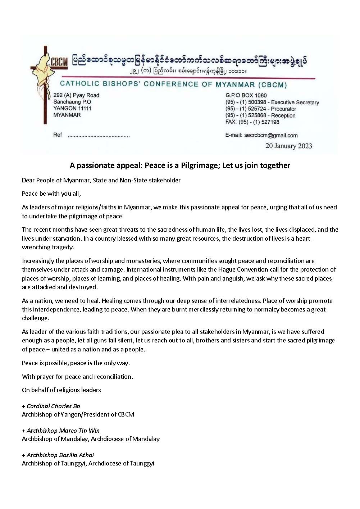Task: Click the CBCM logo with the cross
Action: tap(49, 77)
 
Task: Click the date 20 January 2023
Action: tap(288, 146)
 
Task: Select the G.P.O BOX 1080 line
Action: tap(246, 95)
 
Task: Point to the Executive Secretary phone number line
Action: tap(272, 102)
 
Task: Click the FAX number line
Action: tap(252, 122)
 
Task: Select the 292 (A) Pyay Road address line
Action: tap(76, 95)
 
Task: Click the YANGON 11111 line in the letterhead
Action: tap(72, 108)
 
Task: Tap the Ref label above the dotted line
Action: tap(58, 135)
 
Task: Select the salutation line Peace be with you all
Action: tap(51, 194)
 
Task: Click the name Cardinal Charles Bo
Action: tap(53, 406)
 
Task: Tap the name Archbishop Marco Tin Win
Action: tap(63, 431)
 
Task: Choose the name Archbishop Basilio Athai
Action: tap(60, 455)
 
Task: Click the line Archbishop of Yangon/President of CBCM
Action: tap(78, 414)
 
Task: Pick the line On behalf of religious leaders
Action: tap(61, 390)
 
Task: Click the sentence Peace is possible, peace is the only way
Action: tap(76, 363)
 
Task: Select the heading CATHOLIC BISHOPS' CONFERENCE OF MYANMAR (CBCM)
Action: tap(173, 84)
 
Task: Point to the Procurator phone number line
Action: tap(261, 109)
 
